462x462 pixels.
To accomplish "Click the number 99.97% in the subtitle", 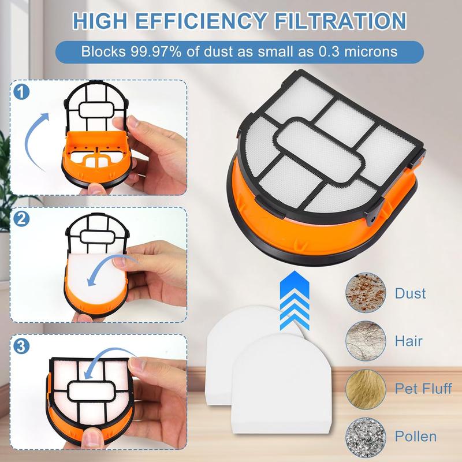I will pos(143,51).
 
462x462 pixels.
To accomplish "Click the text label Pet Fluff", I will pos(423,388).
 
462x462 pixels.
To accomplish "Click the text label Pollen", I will pos(416,435).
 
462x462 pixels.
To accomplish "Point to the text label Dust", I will pos(411,294).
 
